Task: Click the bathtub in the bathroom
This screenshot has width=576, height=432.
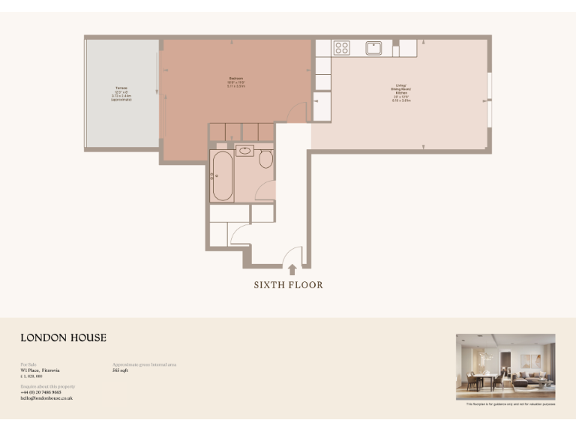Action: (223, 175)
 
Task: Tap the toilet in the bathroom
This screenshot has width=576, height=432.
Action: (265, 159)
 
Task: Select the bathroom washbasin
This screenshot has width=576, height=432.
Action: (244, 151)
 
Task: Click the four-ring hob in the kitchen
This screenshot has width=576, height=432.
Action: (342, 48)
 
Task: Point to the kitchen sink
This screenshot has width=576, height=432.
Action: (374, 48)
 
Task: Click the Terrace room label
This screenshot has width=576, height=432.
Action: (121, 93)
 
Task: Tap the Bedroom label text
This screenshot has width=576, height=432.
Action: (237, 82)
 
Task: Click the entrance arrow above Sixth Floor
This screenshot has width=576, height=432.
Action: (292, 269)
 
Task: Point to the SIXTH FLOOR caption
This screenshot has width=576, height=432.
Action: (288, 285)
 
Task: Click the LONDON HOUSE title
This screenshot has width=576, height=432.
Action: (63, 338)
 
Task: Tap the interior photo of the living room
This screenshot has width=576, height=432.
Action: (505, 367)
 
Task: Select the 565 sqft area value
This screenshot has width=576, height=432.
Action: (120, 370)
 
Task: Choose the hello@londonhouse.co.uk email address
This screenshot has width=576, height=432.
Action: (46, 398)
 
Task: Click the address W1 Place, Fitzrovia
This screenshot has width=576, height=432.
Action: (40, 370)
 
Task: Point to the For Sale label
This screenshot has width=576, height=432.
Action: (28, 364)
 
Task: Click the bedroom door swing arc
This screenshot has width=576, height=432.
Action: (297, 112)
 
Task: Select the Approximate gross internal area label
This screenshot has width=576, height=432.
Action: (144, 364)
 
